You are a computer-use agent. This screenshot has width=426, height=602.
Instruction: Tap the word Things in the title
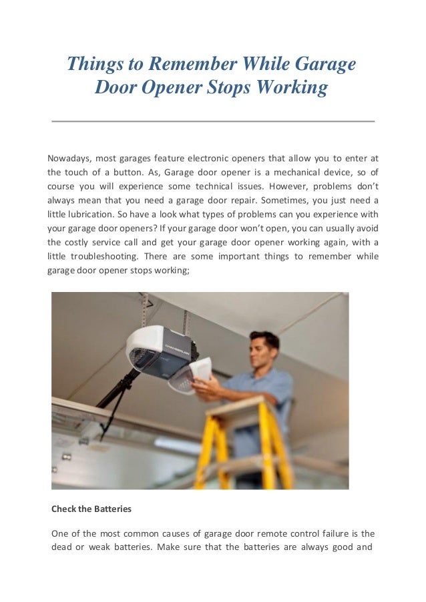[x=91, y=65]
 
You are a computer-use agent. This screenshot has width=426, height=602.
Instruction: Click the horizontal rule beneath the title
[x=213, y=121]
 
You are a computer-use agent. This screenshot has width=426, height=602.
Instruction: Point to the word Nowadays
[x=68, y=158]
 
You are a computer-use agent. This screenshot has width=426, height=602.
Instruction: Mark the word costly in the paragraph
[x=83, y=243]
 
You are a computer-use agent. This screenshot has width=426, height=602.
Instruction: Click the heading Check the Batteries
[x=91, y=509]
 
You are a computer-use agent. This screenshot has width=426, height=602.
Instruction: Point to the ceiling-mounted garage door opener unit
[x=160, y=350]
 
